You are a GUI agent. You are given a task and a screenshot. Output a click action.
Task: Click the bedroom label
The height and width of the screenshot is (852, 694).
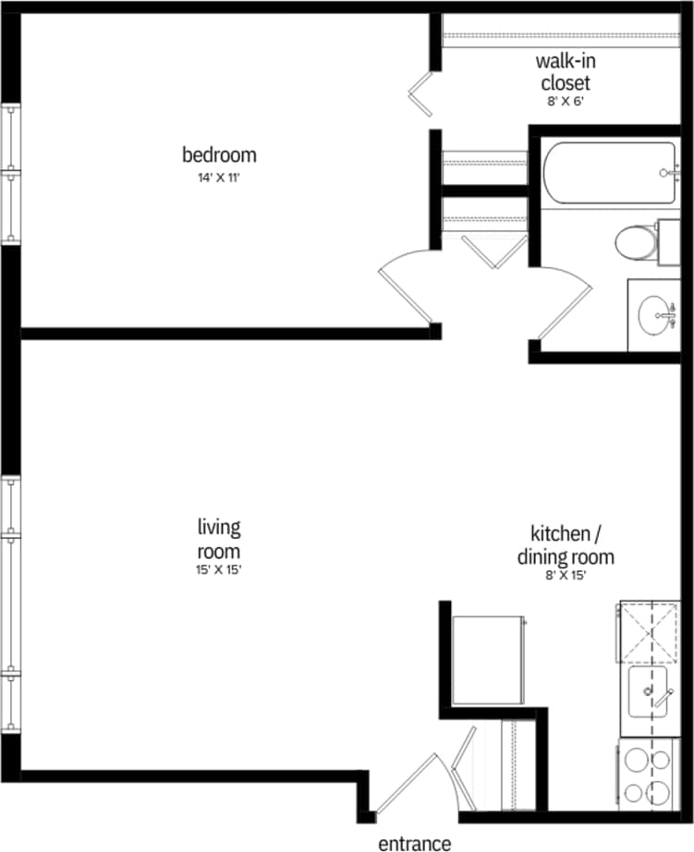pyautogui.click(x=219, y=154)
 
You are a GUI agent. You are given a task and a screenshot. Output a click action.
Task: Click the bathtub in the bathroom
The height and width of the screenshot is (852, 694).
pyautogui.click(x=606, y=173)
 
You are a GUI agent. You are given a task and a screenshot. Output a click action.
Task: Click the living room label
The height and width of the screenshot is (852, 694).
pyautogui.click(x=219, y=539)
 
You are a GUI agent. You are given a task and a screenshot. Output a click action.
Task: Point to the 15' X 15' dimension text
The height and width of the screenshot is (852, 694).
pyautogui.click(x=219, y=569)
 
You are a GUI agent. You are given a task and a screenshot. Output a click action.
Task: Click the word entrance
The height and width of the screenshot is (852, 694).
pyautogui.click(x=415, y=843)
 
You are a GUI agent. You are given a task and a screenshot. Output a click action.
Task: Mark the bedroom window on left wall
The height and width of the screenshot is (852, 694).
pyautogui.click(x=11, y=173)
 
